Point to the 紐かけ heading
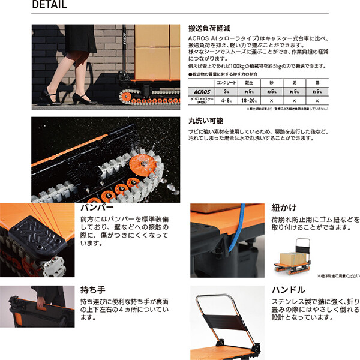(288, 208)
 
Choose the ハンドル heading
(293, 289)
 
